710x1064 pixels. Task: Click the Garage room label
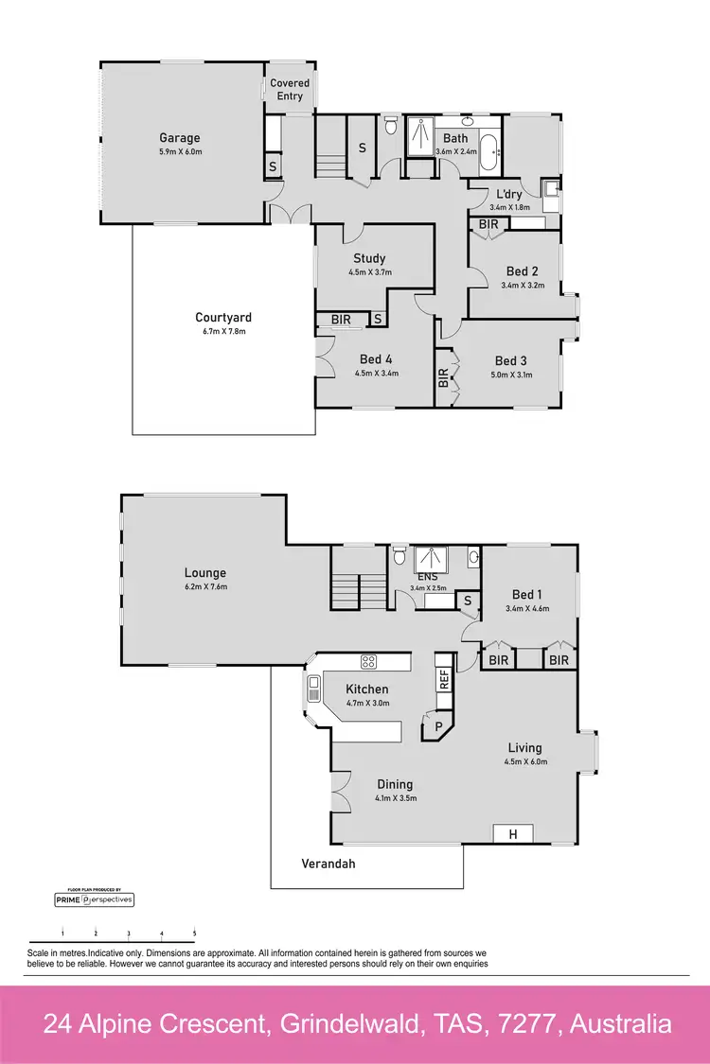[x=179, y=138]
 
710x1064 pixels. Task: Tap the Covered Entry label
[x=290, y=90]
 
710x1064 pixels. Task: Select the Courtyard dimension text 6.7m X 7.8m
[x=223, y=332]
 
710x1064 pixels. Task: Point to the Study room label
[x=369, y=258]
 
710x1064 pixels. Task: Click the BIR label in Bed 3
[x=443, y=379]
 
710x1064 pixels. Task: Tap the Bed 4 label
[x=376, y=359]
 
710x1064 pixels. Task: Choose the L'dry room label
[x=510, y=194]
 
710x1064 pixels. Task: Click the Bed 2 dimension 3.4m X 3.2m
[x=523, y=285]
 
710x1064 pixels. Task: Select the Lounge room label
[x=205, y=573]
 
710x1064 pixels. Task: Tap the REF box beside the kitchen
[x=443, y=678]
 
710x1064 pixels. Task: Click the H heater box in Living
[x=513, y=834]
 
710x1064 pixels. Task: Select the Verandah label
[x=328, y=863]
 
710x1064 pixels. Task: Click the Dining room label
[x=395, y=784]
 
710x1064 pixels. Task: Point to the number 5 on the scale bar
[x=194, y=933]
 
